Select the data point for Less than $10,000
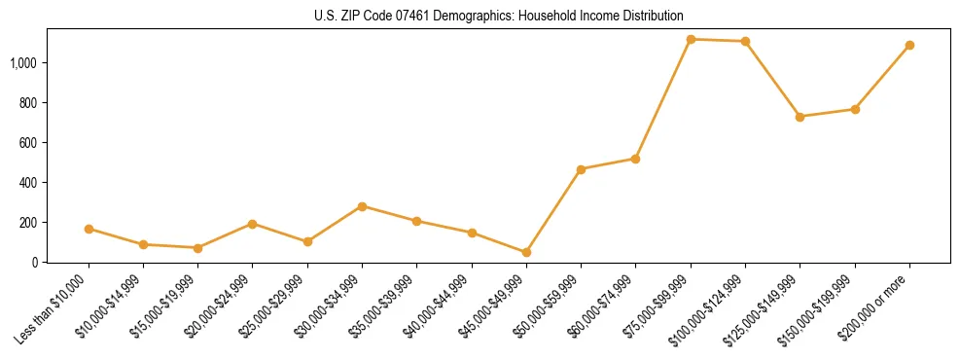click(x=89, y=229)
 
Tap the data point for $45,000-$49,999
click(x=526, y=252)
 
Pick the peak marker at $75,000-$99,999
click(x=691, y=39)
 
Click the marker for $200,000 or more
click(x=909, y=45)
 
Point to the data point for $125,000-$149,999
click(x=800, y=117)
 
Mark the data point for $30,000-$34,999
click(x=362, y=206)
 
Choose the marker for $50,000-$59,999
click(x=581, y=169)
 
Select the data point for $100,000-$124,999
click(x=745, y=41)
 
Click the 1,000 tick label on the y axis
click(x=23, y=63)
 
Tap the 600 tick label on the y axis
click(x=29, y=143)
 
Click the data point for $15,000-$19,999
click(x=197, y=248)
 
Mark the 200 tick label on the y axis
click(x=29, y=223)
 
